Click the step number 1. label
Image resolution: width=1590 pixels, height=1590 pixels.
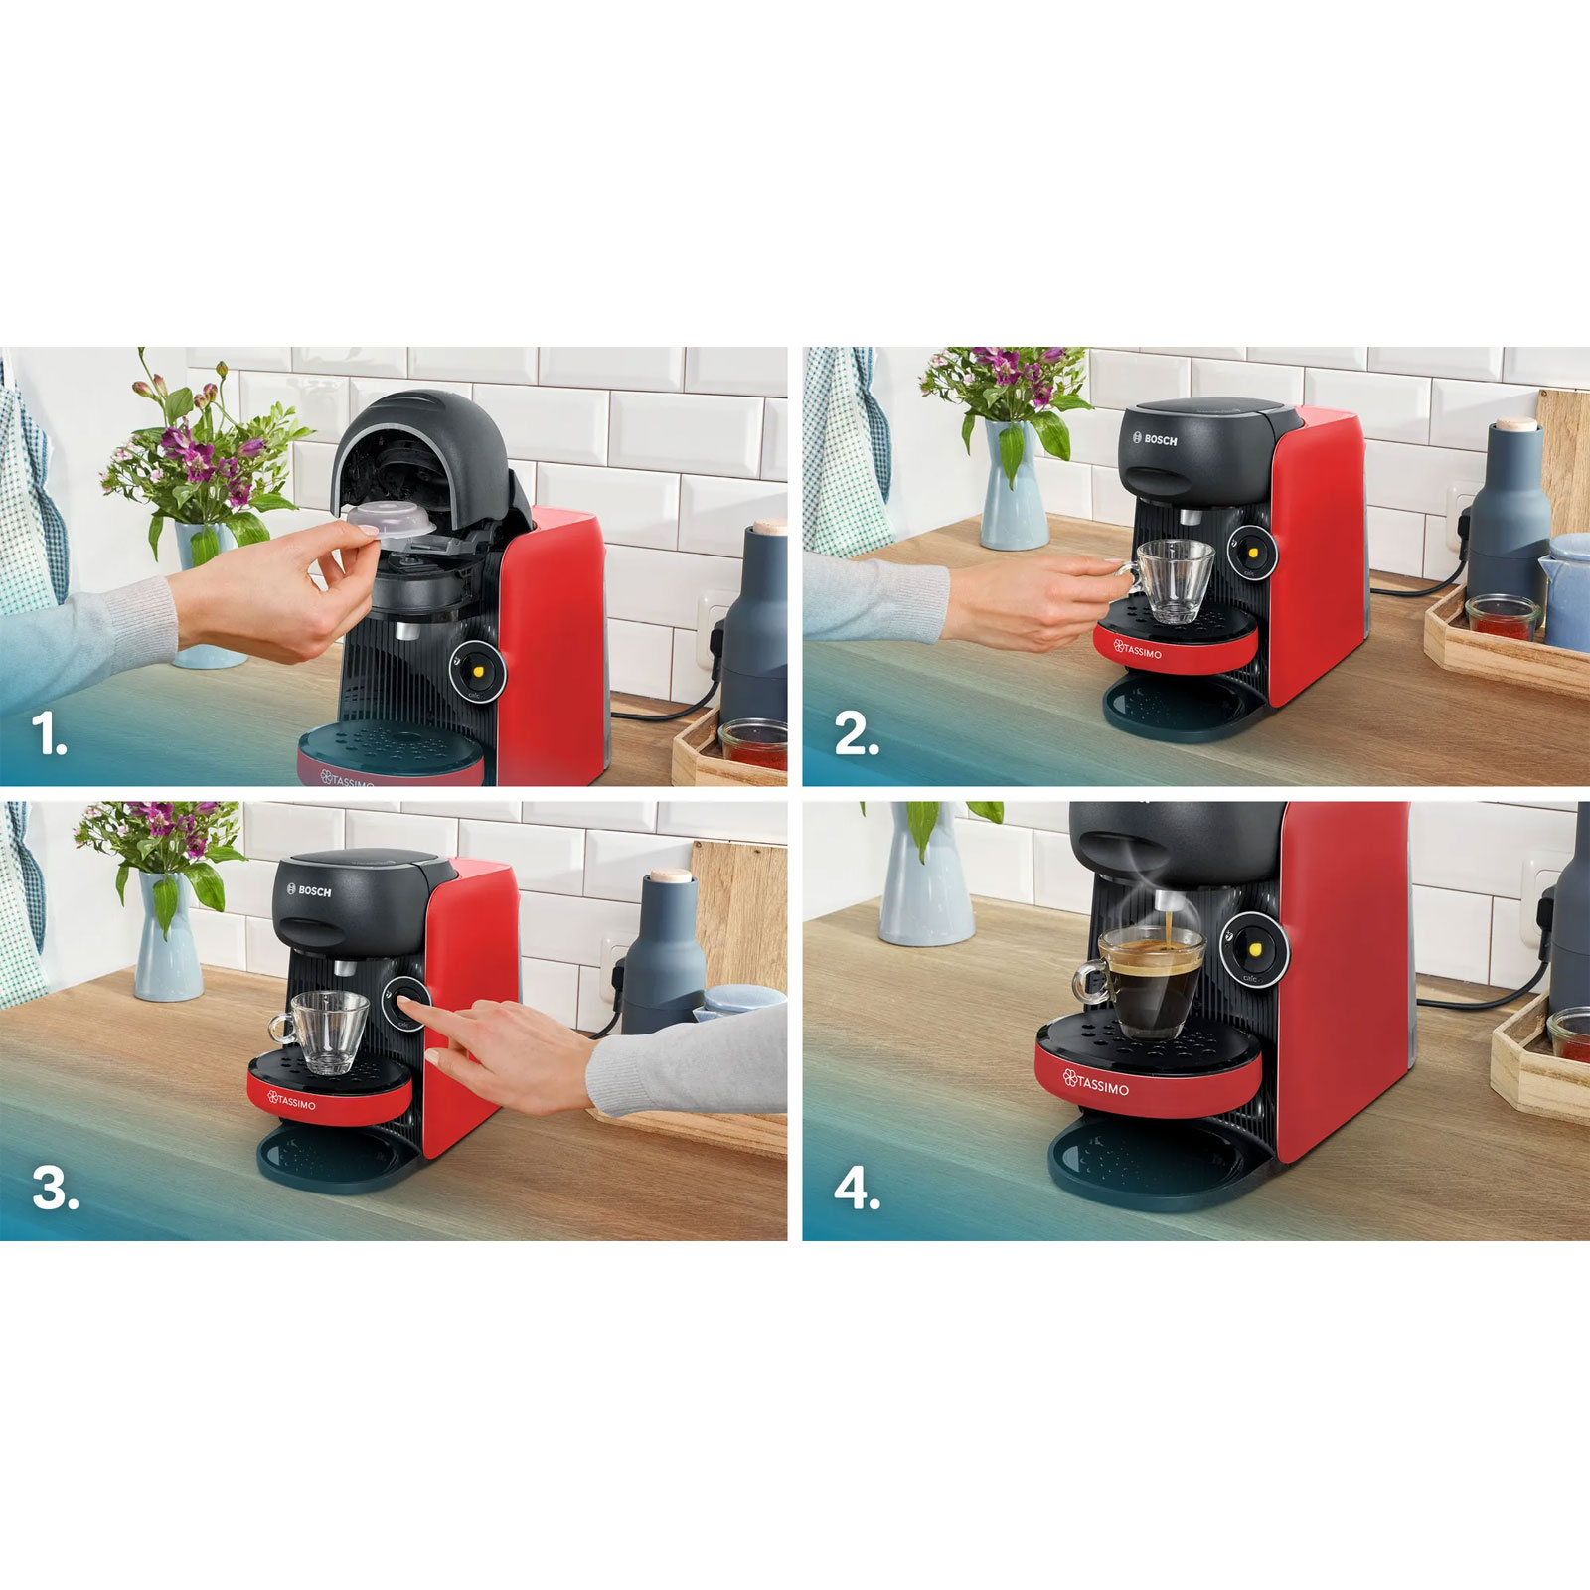pos(48,736)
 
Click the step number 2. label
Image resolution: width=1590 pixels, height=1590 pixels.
pos(856,736)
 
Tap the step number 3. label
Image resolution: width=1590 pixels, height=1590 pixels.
pos(55,1189)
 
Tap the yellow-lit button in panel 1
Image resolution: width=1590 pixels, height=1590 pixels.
pos(480,671)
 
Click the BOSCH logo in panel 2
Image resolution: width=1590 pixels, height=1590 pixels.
pos(1155,439)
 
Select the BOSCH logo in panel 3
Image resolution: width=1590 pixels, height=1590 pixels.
pos(308,891)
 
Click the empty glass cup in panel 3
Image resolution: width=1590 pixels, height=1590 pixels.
pos(328,1031)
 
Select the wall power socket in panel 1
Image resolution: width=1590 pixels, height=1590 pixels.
pos(714,621)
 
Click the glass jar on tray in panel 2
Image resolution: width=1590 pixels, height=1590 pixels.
pos(1501,616)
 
